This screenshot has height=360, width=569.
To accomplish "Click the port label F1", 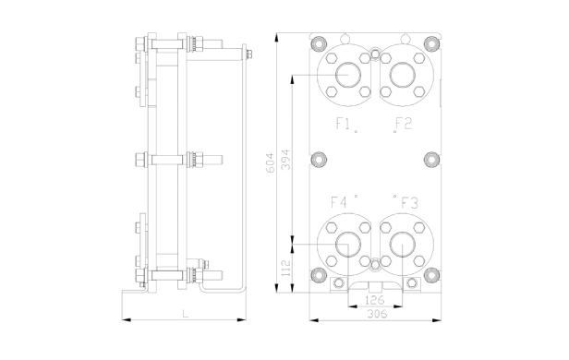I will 342,123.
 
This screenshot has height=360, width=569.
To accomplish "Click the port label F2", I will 404,123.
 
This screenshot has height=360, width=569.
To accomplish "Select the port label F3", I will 409,202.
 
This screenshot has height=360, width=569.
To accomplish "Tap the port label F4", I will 339,202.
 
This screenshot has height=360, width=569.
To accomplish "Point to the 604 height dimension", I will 270,162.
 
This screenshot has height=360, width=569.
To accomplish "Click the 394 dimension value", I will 286,159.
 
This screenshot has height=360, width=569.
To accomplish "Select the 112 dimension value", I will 286,269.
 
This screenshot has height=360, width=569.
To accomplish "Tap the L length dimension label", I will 185,314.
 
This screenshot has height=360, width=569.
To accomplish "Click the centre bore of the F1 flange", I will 348,73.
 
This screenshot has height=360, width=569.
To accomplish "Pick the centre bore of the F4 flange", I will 348,244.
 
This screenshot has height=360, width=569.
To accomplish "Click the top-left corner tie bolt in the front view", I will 319,43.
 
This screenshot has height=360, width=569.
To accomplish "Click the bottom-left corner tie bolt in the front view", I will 319,274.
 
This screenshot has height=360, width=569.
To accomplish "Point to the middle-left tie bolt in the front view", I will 319,159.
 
